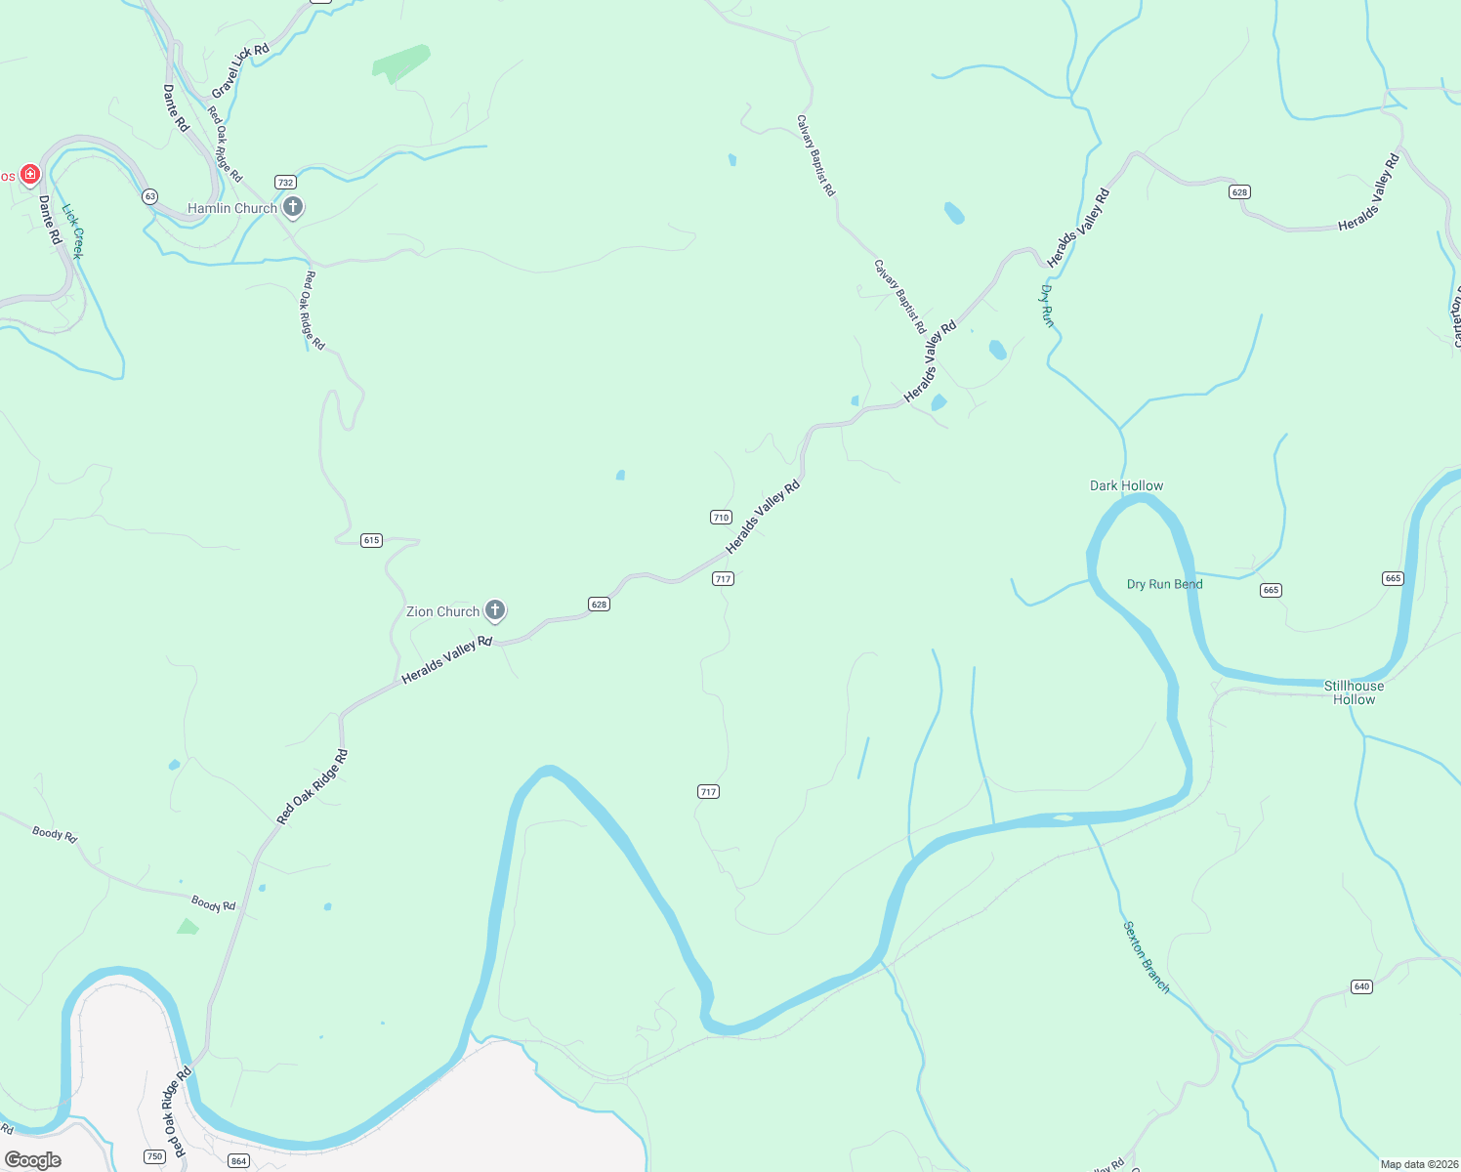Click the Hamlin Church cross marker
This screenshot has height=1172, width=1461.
(x=293, y=207)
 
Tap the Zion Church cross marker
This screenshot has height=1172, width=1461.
(x=495, y=611)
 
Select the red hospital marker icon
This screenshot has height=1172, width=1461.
(x=30, y=175)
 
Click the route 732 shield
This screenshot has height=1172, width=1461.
(x=285, y=183)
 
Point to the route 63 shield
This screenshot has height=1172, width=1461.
(x=149, y=196)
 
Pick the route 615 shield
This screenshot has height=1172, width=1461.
(x=371, y=540)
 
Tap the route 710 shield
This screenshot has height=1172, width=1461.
(x=721, y=518)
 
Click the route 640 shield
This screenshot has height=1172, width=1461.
(x=1362, y=986)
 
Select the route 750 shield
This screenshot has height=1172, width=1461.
(x=154, y=1156)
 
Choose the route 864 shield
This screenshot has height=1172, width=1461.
(x=238, y=1161)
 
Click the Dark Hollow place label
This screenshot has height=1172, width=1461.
(x=1126, y=485)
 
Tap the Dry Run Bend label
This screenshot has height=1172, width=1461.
(x=1164, y=584)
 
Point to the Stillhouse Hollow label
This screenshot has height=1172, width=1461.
(x=1354, y=692)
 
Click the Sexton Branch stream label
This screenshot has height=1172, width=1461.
(x=1147, y=957)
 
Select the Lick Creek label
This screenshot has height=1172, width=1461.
(x=73, y=230)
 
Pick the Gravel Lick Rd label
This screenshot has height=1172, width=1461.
(x=240, y=70)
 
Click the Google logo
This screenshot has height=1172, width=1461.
(x=33, y=1160)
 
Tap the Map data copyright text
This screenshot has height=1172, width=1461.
(x=1417, y=1164)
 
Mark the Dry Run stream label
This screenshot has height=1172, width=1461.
(x=1047, y=306)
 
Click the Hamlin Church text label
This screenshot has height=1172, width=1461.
(x=232, y=208)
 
